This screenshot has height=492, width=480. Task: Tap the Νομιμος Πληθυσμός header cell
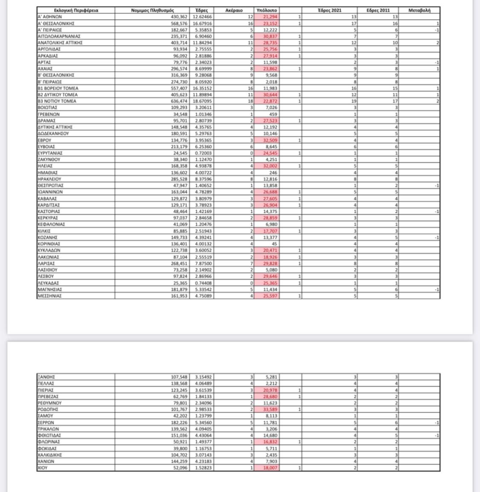click(x=152, y=10)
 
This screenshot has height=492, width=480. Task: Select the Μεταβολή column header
click(x=419, y=10)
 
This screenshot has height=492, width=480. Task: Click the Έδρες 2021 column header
click(x=330, y=10)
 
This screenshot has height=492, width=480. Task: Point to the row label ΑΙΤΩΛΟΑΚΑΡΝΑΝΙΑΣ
click(x=59, y=36)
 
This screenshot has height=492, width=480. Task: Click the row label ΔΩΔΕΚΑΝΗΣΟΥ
click(x=54, y=133)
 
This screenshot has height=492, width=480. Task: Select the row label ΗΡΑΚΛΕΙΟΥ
click(x=49, y=179)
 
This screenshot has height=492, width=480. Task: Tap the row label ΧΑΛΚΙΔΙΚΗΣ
click(x=50, y=455)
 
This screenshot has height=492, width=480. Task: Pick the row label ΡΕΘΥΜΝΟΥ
click(x=49, y=403)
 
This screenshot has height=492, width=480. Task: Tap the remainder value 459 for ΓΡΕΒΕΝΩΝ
click(x=273, y=114)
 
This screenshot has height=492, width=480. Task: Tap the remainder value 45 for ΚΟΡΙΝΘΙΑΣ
click(x=274, y=244)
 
